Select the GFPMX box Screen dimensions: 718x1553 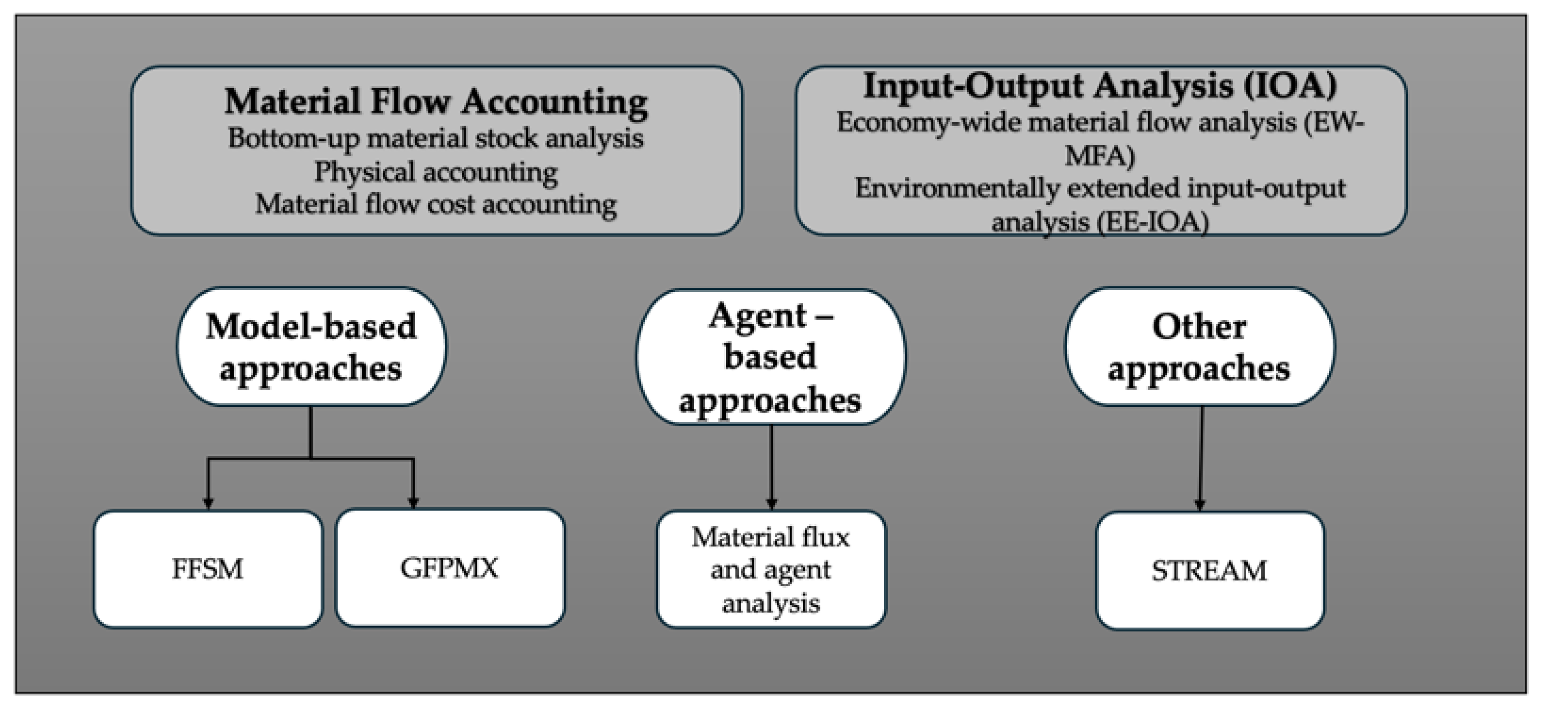(450, 568)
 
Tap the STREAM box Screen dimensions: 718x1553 (1209, 570)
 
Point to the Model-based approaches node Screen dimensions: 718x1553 (311, 347)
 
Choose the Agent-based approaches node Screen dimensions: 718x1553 (771, 357)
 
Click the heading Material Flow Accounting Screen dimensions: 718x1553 (436, 101)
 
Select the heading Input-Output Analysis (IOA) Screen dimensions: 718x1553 (1100, 85)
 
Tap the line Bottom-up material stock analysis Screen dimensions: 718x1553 (436, 139)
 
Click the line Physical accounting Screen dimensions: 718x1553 (436, 172)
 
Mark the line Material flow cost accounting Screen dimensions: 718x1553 (436, 204)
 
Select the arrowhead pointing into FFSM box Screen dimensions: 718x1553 (208, 502)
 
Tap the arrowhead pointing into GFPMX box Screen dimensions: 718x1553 (414, 502)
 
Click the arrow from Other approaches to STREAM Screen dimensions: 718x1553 (1200, 458)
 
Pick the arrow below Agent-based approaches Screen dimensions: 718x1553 (771, 467)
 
